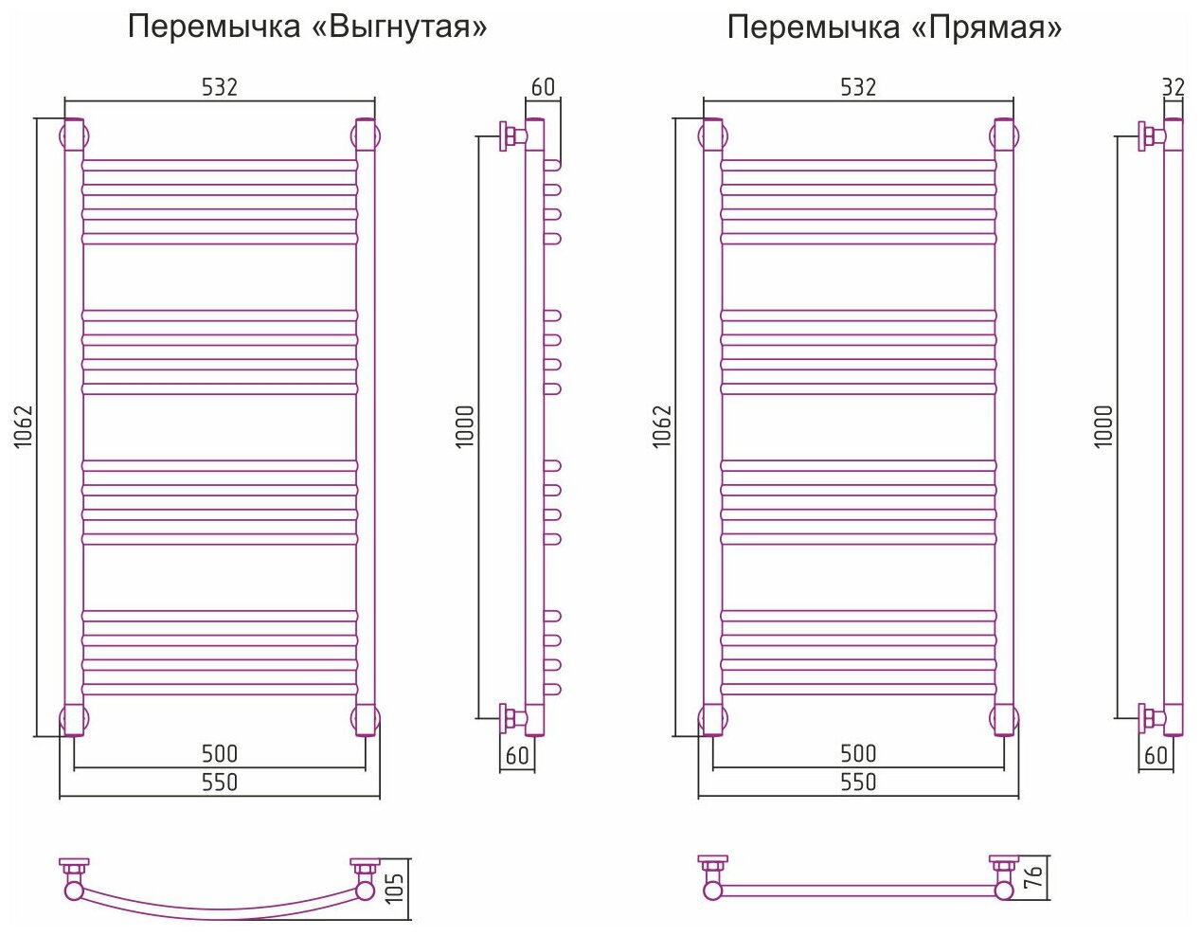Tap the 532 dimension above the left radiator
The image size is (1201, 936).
[219, 87]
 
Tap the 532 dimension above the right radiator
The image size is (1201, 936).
[858, 87]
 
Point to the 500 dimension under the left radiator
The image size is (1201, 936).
[220, 754]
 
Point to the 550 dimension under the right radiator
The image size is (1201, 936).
[858, 783]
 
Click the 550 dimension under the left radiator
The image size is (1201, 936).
[220, 783]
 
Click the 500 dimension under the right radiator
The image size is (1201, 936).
[858, 754]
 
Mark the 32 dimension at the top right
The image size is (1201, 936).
[1173, 87]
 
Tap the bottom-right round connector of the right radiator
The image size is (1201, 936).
[1005, 719]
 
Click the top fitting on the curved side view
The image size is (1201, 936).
[513, 135]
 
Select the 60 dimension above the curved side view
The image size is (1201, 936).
[543, 87]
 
